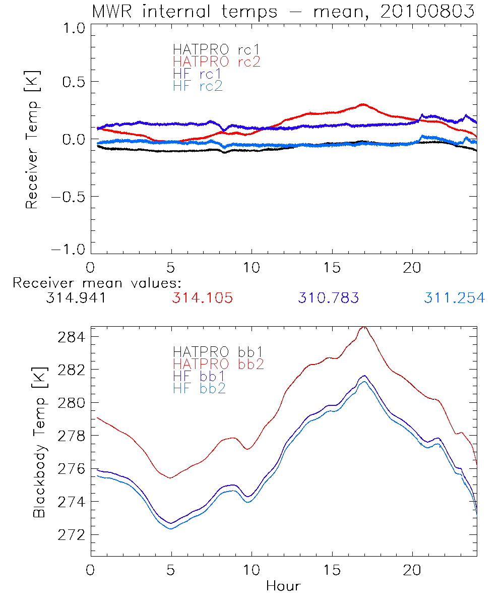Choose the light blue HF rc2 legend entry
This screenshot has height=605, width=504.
click(198, 86)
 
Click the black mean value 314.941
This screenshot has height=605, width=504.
click(76, 298)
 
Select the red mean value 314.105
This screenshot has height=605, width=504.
click(202, 298)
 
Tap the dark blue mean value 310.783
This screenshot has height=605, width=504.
click(328, 298)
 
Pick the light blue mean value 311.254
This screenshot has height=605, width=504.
click(454, 298)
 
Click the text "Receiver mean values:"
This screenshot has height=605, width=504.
click(97, 283)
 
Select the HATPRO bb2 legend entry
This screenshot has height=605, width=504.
click(218, 364)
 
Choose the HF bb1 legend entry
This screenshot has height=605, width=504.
click(199, 376)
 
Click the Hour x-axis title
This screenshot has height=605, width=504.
click(283, 586)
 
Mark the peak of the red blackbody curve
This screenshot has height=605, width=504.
click(364, 327)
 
